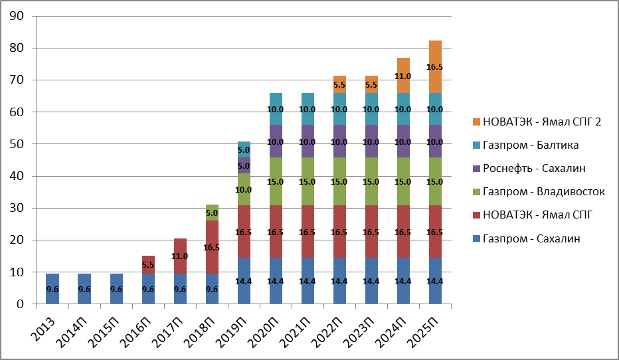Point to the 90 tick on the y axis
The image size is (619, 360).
(x=17, y=16)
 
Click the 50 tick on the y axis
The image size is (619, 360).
(x=17, y=144)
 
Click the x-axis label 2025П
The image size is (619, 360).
(x=424, y=328)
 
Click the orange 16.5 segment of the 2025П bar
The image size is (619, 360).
(x=435, y=67)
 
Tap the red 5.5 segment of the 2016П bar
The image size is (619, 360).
(x=149, y=264)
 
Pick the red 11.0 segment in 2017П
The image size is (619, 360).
(x=181, y=256)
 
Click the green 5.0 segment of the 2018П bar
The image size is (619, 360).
(x=212, y=213)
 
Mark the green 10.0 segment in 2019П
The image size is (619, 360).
(x=244, y=190)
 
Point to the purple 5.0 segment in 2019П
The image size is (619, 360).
(x=244, y=166)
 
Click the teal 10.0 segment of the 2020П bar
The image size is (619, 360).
(x=276, y=110)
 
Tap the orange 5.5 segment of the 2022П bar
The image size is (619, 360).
(x=339, y=85)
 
